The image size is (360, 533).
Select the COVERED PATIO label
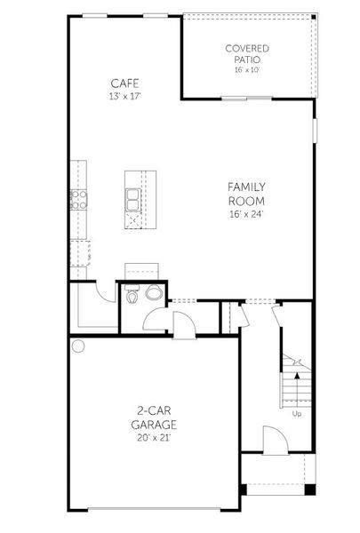[x=247, y=54]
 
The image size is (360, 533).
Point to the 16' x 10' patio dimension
[x=247, y=69]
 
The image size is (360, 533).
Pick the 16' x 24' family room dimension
[x=247, y=214]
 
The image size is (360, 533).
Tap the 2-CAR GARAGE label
[x=154, y=418]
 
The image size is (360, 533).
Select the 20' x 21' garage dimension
[x=154, y=438]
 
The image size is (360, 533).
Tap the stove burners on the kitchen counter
[x=78, y=198]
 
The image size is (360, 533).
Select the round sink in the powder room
[x=153, y=294]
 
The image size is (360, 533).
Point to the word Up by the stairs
[x=296, y=413]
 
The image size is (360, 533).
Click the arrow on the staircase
[x=296, y=362]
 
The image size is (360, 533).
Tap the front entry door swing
[x=274, y=439]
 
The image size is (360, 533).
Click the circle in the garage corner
[x=78, y=346]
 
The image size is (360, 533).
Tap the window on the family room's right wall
[x=314, y=129]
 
